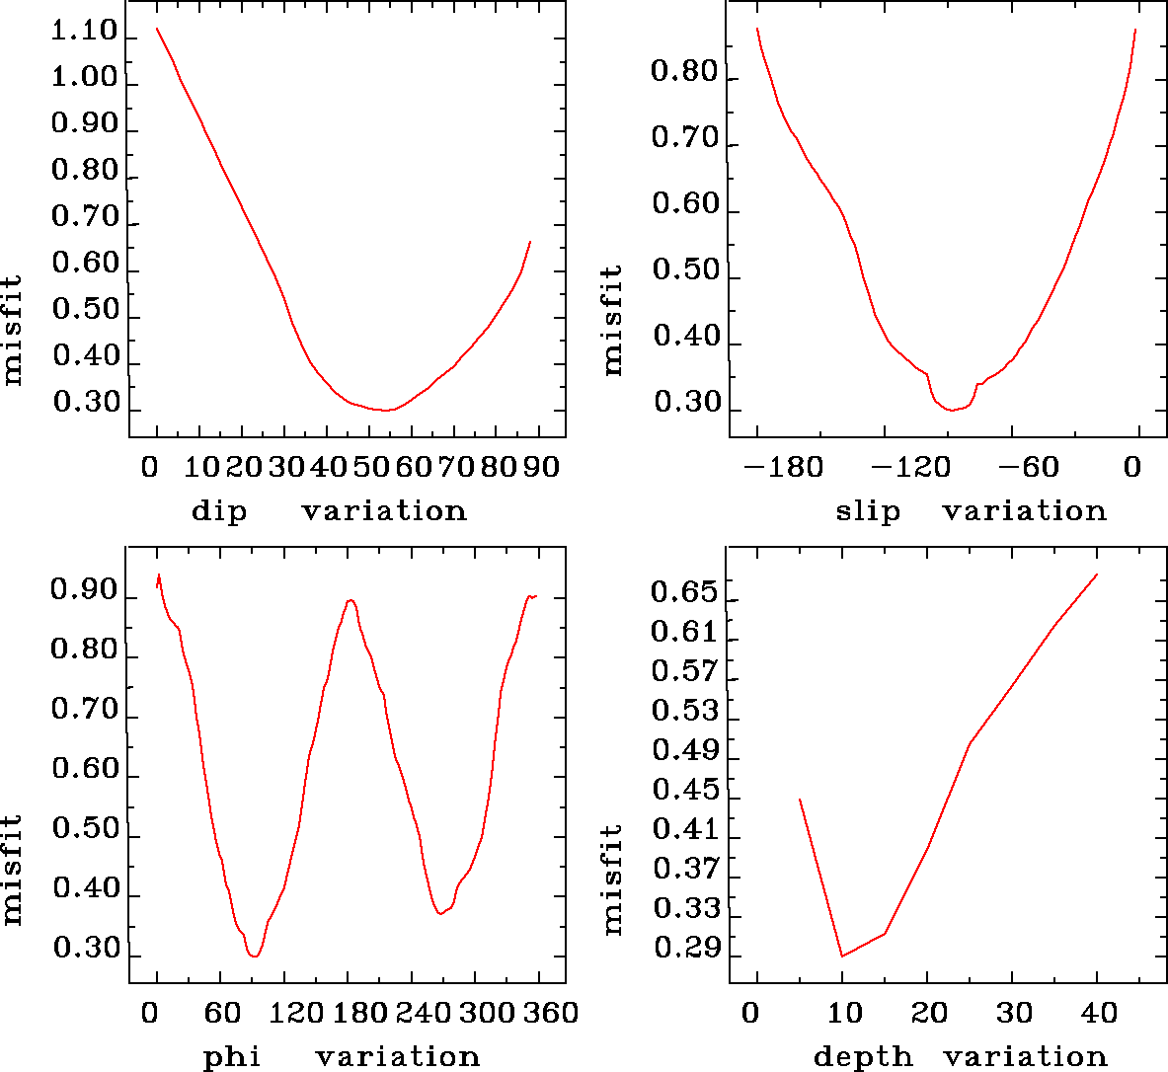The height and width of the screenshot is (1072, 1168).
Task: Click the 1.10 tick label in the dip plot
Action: point(85,33)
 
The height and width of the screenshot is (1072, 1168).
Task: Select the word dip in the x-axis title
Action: point(218,511)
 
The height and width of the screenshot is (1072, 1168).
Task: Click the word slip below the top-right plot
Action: point(868,511)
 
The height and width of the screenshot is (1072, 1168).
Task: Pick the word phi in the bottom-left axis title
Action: point(232,1057)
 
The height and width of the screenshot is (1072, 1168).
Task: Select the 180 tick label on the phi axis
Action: point(350,1013)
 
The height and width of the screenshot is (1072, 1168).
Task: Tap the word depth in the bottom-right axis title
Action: point(863,1057)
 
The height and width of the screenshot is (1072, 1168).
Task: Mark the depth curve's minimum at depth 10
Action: point(842,956)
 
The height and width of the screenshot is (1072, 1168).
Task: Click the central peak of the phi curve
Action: point(350,600)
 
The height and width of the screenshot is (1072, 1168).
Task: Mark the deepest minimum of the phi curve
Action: point(255,956)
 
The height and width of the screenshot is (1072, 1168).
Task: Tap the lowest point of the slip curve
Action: point(952,410)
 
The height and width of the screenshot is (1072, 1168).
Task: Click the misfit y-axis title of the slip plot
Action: point(613,319)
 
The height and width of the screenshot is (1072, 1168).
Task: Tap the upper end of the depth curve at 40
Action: point(1097,574)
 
